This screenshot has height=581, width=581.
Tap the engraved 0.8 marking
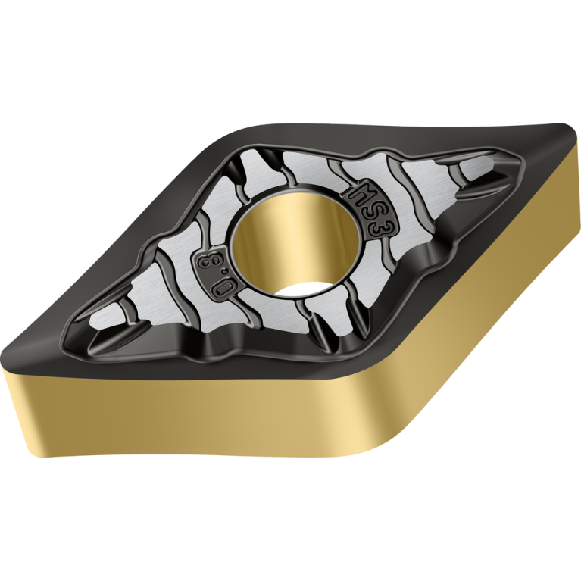click(x=216, y=273)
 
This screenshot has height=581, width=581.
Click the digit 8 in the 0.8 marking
click(x=206, y=261)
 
